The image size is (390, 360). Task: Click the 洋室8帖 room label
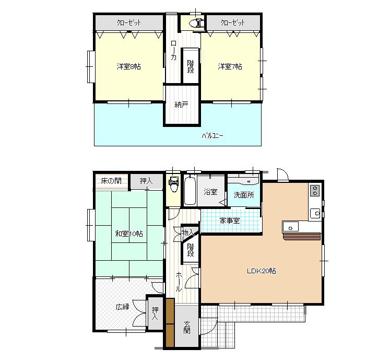click(x=128, y=67)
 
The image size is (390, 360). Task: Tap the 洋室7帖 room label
click(x=230, y=67)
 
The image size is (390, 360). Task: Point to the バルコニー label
click(x=212, y=136)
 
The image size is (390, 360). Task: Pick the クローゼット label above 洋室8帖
click(x=128, y=23)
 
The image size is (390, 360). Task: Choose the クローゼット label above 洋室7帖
click(x=232, y=23)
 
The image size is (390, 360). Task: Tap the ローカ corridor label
click(x=173, y=51)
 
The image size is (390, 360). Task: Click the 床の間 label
click(x=111, y=181)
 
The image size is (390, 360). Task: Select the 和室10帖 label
click(x=128, y=234)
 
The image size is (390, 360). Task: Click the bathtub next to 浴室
click(x=190, y=191)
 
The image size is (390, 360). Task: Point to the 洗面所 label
click(x=244, y=195)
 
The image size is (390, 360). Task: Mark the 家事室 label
click(x=229, y=220)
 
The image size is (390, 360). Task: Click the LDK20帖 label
click(x=262, y=271)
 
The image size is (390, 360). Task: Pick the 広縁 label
click(x=122, y=307)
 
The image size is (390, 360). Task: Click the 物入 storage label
click(x=188, y=233)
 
